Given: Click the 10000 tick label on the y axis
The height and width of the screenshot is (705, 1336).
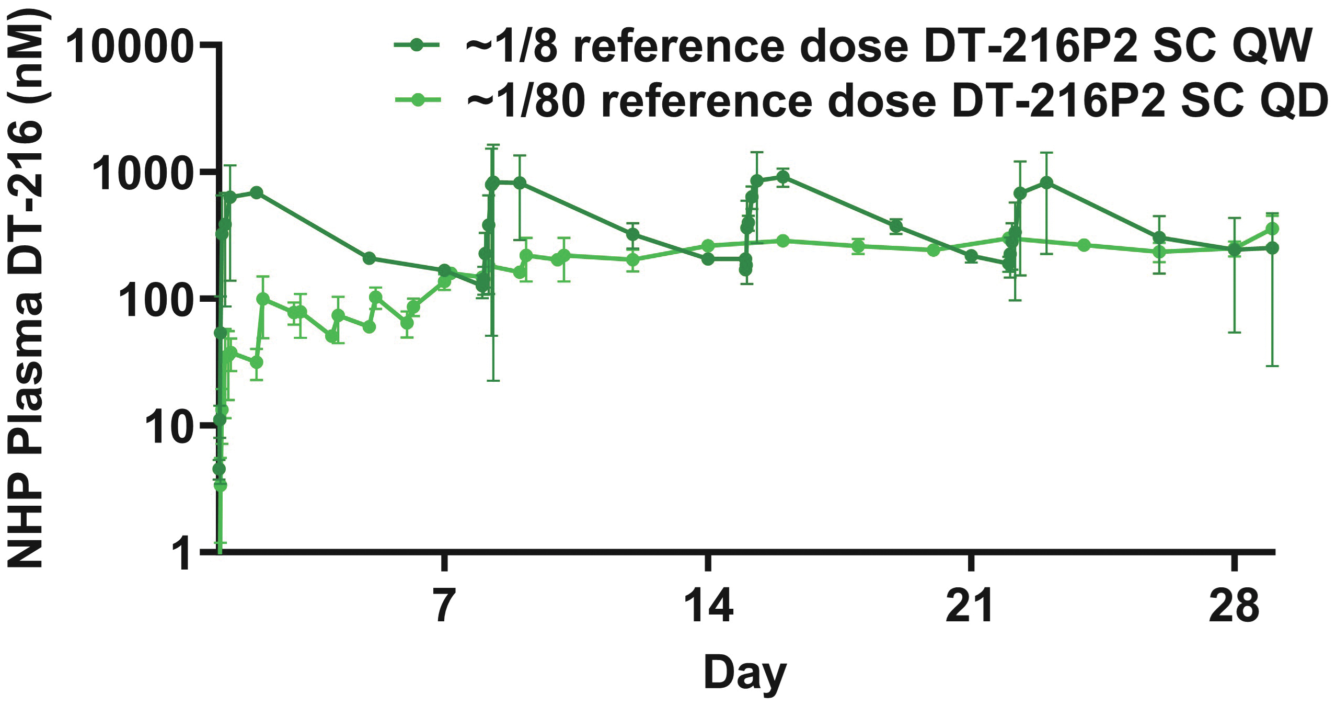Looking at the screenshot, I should (128, 48).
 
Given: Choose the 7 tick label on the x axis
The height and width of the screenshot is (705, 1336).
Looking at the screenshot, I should (444, 605).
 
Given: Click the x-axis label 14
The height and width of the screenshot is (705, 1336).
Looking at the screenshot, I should (708, 605).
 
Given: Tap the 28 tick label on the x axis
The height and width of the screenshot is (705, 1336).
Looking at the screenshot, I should (1234, 605).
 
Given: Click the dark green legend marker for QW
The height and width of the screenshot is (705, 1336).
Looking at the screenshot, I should (417, 46).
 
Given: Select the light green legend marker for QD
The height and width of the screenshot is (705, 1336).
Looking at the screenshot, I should (417, 99).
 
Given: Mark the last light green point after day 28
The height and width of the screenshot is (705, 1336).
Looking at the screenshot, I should (1272, 229).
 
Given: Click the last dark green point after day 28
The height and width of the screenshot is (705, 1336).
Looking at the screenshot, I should (1272, 247).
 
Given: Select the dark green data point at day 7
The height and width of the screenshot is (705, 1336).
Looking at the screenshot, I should (444, 270).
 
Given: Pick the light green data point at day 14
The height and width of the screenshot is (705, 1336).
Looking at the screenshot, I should (708, 246).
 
